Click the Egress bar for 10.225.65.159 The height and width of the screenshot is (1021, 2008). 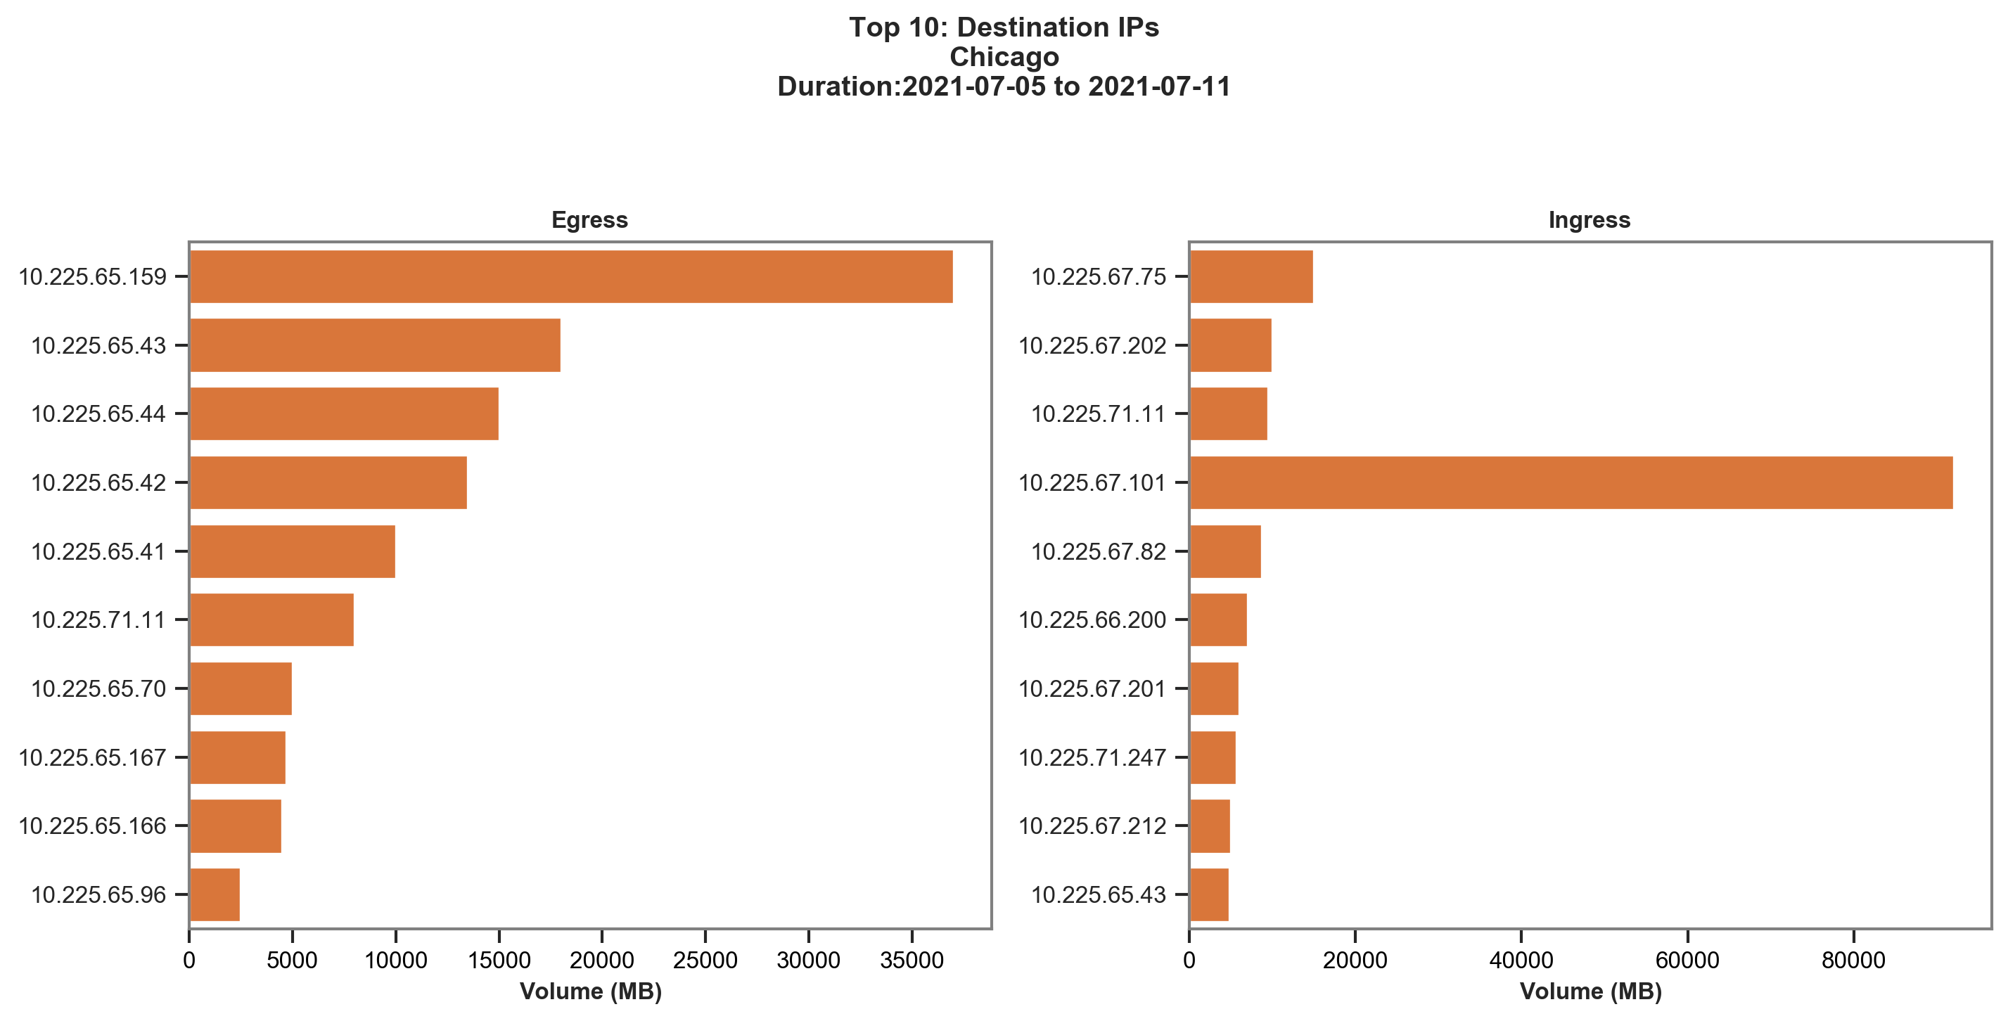coord(570,276)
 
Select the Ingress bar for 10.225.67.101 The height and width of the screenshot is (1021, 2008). coord(1571,482)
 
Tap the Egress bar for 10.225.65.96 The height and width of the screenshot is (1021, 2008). coord(215,894)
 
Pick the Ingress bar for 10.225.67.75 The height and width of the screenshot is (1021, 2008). coord(1251,276)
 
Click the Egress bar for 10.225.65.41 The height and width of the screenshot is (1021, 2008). coord(293,551)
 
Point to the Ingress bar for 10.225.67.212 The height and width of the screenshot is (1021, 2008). coord(1210,826)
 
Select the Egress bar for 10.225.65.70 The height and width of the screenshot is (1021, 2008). coord(240,688)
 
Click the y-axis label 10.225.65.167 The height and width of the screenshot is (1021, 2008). coord(92,757)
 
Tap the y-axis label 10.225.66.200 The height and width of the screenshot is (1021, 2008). coord(1092,620)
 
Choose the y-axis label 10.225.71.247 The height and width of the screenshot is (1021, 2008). coord(1092,757)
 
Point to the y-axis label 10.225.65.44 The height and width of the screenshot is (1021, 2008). coord(98,414)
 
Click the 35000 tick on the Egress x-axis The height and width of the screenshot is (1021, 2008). coord(912,961)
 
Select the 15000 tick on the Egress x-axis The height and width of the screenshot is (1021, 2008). coord(498,961)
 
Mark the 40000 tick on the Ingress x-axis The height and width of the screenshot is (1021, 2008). coord(1521,961)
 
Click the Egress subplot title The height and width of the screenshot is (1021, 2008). coord(589,220)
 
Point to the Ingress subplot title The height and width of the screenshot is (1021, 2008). coord(1590,220)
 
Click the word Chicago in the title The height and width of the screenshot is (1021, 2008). coord(1004,57)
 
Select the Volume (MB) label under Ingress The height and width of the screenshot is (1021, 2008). coord(1590,991)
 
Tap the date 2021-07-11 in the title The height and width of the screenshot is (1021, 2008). coord(1159,86)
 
